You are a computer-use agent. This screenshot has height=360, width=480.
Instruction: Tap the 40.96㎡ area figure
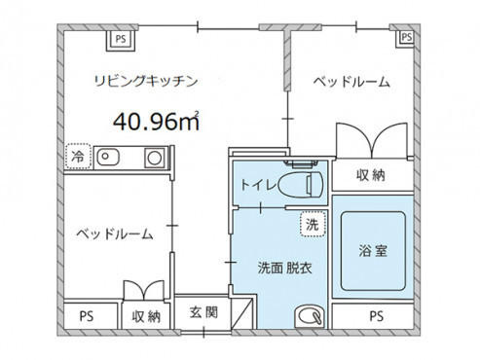click(x=156, y=122)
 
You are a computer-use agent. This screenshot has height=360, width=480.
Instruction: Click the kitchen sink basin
click(x=107, y=157)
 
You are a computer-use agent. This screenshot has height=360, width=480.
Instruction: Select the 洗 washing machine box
click(x=310, y=222)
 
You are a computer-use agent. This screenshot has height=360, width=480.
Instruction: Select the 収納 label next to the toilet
click(x=372, y=176)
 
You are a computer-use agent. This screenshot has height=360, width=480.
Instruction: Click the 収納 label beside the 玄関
click(x=146, y=316)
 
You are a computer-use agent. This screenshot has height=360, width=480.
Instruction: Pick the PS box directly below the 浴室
click(x=375, y=316)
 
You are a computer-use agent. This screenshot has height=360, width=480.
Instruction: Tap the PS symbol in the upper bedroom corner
click(x=405, y=38)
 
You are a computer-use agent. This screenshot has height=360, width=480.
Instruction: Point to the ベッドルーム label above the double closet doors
click(x=351, y=83)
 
